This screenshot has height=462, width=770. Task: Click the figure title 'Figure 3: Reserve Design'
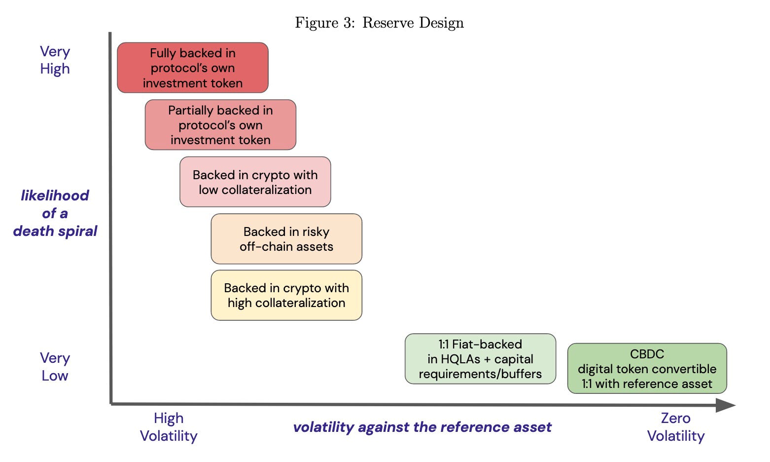(x=379, y=23)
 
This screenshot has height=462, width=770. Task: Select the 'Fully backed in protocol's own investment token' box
(x=193, y=68)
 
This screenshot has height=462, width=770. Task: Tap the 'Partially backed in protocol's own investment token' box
(x=220, y=125)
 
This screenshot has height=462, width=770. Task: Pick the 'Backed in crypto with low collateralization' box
(x=255, y=182)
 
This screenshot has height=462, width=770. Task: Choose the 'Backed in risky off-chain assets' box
(x=286, y=239)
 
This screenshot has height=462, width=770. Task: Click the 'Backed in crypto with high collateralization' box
(x=286, y=295)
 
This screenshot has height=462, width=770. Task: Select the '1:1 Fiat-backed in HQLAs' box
(x=480, y=359)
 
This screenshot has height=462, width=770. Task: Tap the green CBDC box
(x=647, y=368)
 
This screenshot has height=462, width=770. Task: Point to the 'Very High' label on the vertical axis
(x=55, y=60)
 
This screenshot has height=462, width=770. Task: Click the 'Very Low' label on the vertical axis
(x=55, y=367)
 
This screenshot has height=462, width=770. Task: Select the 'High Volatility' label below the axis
(x=169, y=427)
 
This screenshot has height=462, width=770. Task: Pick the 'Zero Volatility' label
(x=675, y=427)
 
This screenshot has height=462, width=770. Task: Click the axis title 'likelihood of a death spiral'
(x=55, y=213)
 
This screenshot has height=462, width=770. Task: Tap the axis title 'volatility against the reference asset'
(x=422, y=427)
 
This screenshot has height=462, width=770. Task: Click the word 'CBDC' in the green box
(x=647, y=354)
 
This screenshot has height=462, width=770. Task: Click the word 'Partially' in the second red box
(x=185, y=111)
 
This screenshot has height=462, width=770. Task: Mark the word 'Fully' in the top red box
(x=162, y=53)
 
